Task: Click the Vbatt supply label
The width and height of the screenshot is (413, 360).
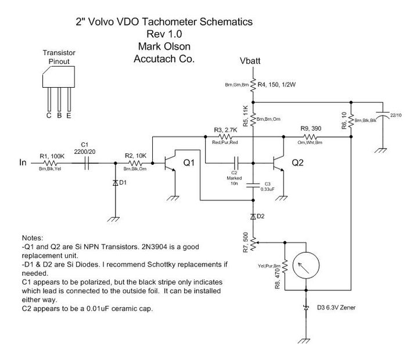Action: pos(253,61)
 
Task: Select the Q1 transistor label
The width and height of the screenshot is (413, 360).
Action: pos(190,164)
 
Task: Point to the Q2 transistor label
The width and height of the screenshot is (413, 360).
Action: pos(298,163)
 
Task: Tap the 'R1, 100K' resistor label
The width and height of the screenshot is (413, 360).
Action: pos(53,156)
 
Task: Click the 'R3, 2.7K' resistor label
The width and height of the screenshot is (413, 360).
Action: pos(226,129)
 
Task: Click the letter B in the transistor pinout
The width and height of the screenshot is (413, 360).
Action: pos(59,115)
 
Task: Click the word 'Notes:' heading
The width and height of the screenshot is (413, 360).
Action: pos(33,238)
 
